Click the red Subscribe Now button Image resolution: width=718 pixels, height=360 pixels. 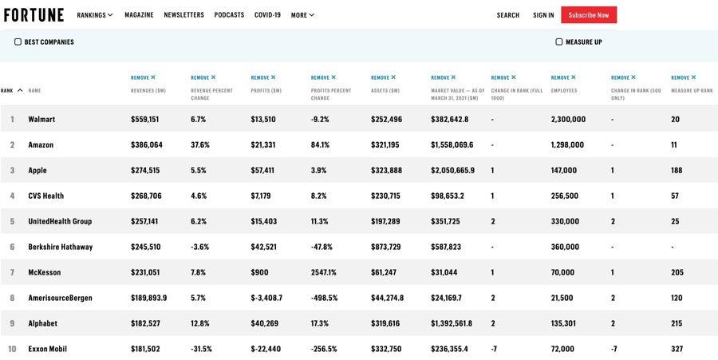(x=588, y=15)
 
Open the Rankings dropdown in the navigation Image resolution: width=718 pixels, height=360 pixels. (x=94, y=15)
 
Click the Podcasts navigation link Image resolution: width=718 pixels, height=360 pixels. (x=229, y=15)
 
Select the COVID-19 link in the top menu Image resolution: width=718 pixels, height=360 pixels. (x=267, y=15)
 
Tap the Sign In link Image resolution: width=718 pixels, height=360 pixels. (x=543, y=15)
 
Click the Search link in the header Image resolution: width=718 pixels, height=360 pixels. (x=507, y=15)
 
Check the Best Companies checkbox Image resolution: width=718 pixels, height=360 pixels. (x=18, y=42)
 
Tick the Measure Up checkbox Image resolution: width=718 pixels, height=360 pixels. (x=558, y=42)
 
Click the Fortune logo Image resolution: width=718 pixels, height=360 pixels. (x=34, y=15)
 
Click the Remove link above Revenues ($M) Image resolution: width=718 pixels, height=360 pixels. (x=143, y=77)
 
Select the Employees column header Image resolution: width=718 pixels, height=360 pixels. (x=563, y=91)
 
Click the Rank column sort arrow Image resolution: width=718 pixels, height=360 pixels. (x=20, y=91)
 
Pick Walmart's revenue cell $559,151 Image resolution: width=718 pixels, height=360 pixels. (x=144, y=119)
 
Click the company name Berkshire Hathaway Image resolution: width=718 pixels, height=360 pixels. (x=60, y=247)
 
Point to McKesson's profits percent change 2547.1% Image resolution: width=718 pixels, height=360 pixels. (x=324, y=272)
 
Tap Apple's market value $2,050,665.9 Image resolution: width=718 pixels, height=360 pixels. (x=452, y=170)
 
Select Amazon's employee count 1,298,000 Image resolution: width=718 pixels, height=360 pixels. (x=567, y=144)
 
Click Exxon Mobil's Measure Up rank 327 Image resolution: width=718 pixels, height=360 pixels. (x=677, y=349)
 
